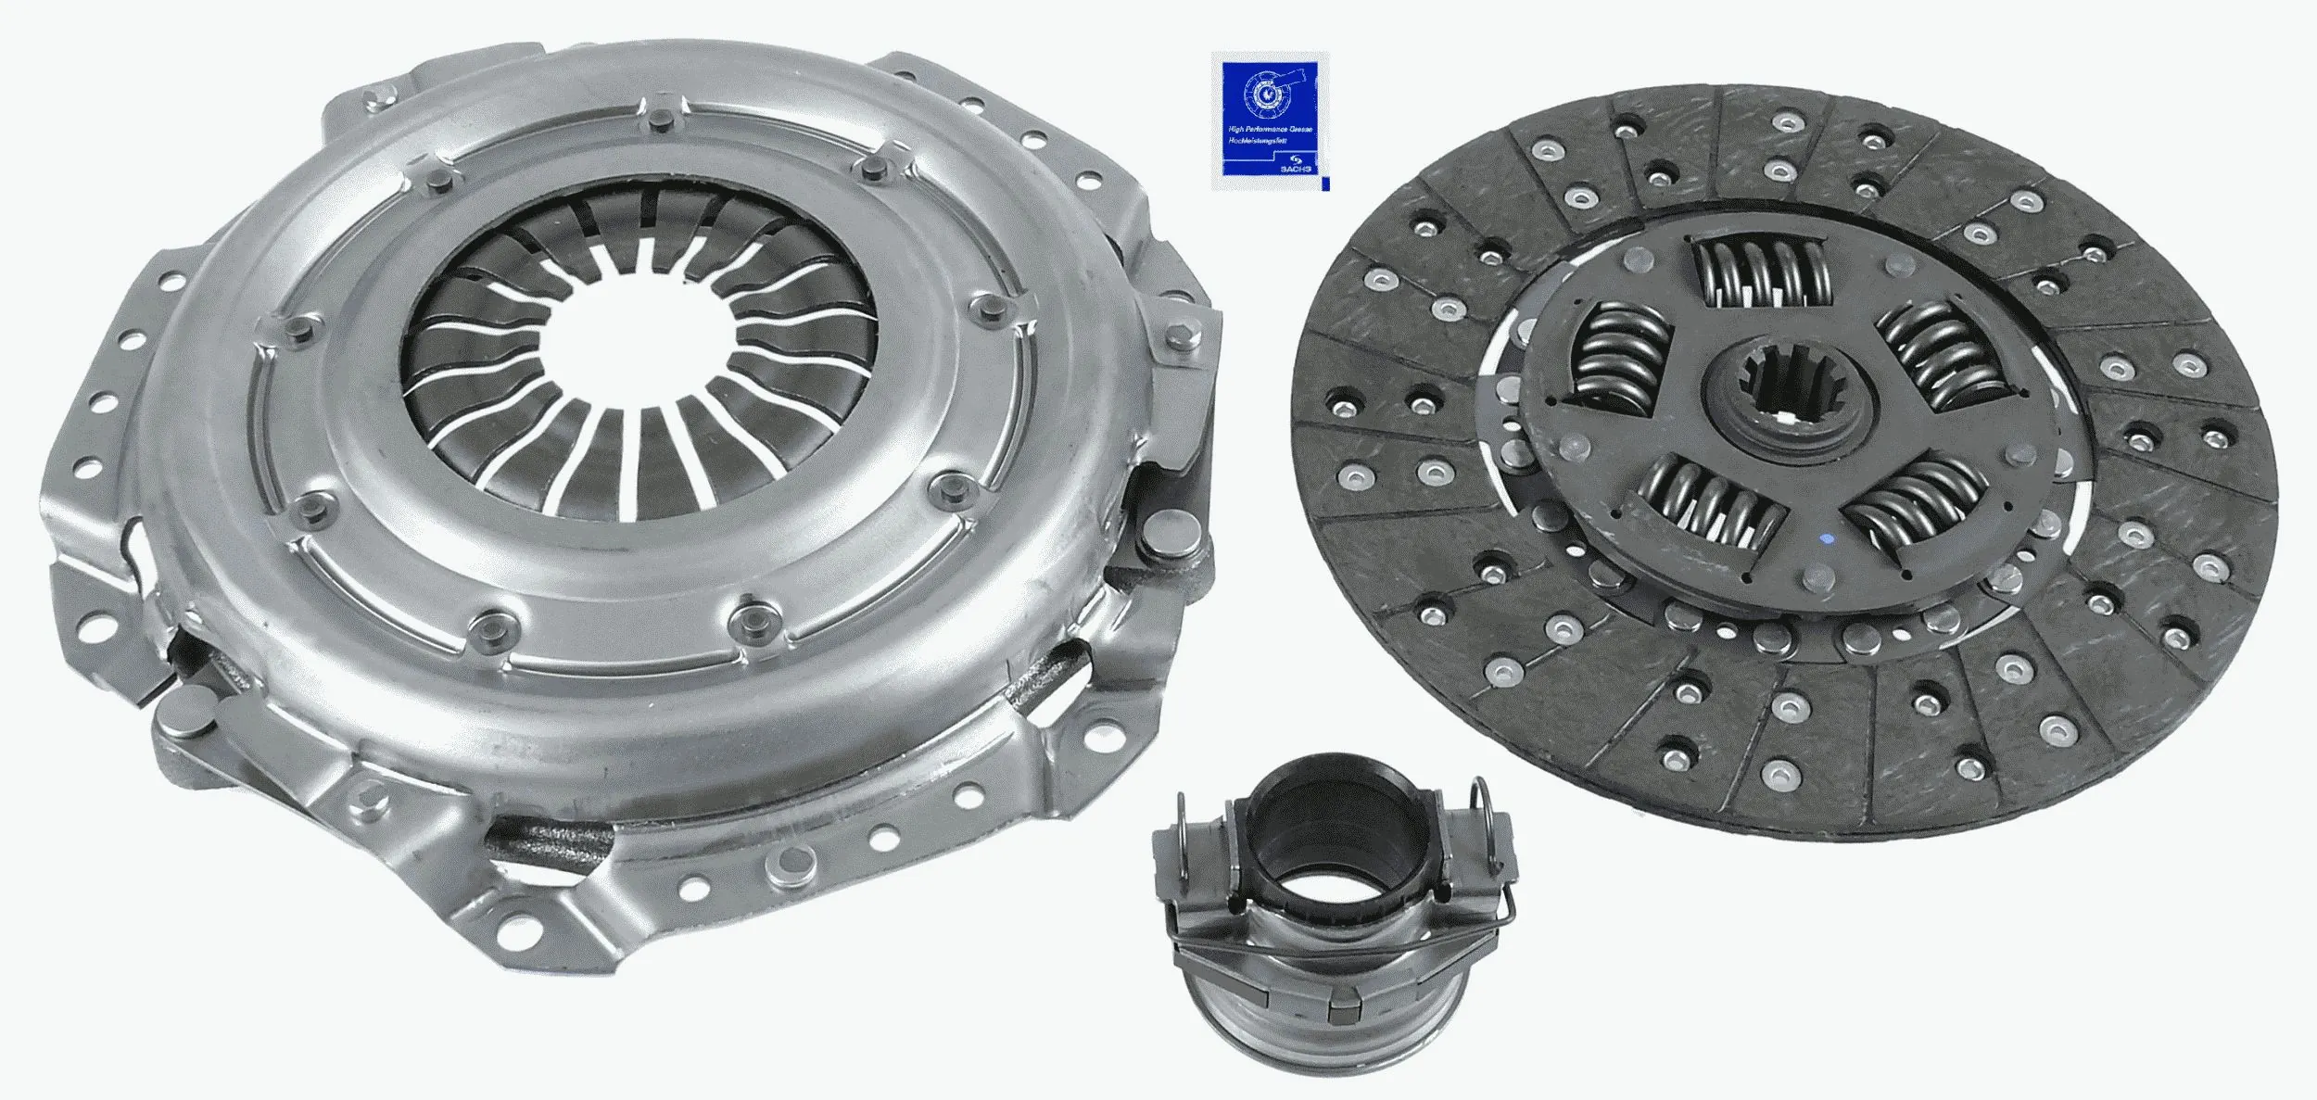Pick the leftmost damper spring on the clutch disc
1617,357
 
